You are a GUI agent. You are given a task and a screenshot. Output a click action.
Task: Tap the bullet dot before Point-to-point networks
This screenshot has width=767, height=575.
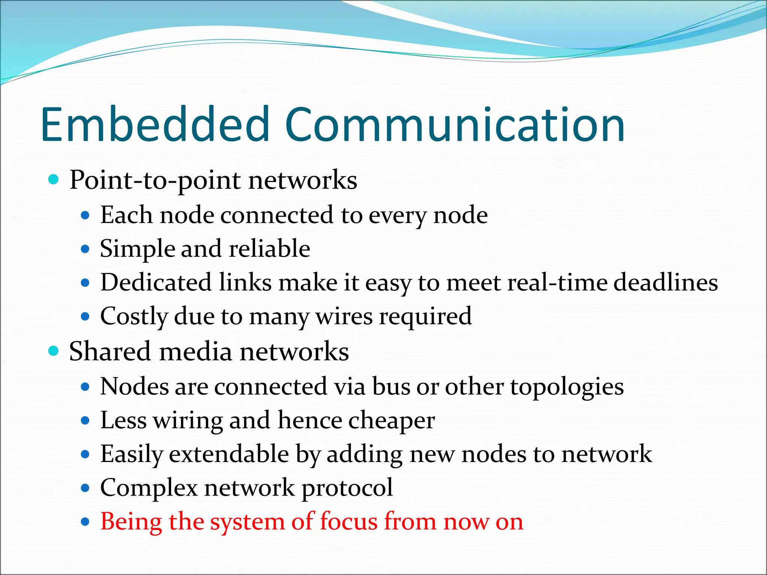click(x=54, y=180)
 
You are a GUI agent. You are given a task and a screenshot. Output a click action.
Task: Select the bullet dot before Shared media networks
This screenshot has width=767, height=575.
click(x=54, y=351)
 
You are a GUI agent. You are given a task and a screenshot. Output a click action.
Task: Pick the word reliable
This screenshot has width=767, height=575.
click(x=269, y=249)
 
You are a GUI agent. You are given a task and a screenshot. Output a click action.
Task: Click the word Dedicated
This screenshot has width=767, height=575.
click(x=156, y=282)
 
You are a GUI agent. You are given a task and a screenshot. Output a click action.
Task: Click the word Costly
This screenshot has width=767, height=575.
click(x=134, y=317)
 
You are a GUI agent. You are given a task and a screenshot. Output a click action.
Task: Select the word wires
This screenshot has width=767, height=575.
click(x=344, y=317)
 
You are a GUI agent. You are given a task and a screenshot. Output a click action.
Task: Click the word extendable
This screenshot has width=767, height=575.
click(x=229, y=454)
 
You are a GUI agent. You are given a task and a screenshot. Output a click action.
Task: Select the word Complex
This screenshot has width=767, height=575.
click(x=149, y=488)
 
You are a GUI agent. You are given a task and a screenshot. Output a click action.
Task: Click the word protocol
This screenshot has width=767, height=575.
click(x=347, y=488)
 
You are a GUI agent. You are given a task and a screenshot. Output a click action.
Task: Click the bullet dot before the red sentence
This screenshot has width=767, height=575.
click(x=86, y=521)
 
